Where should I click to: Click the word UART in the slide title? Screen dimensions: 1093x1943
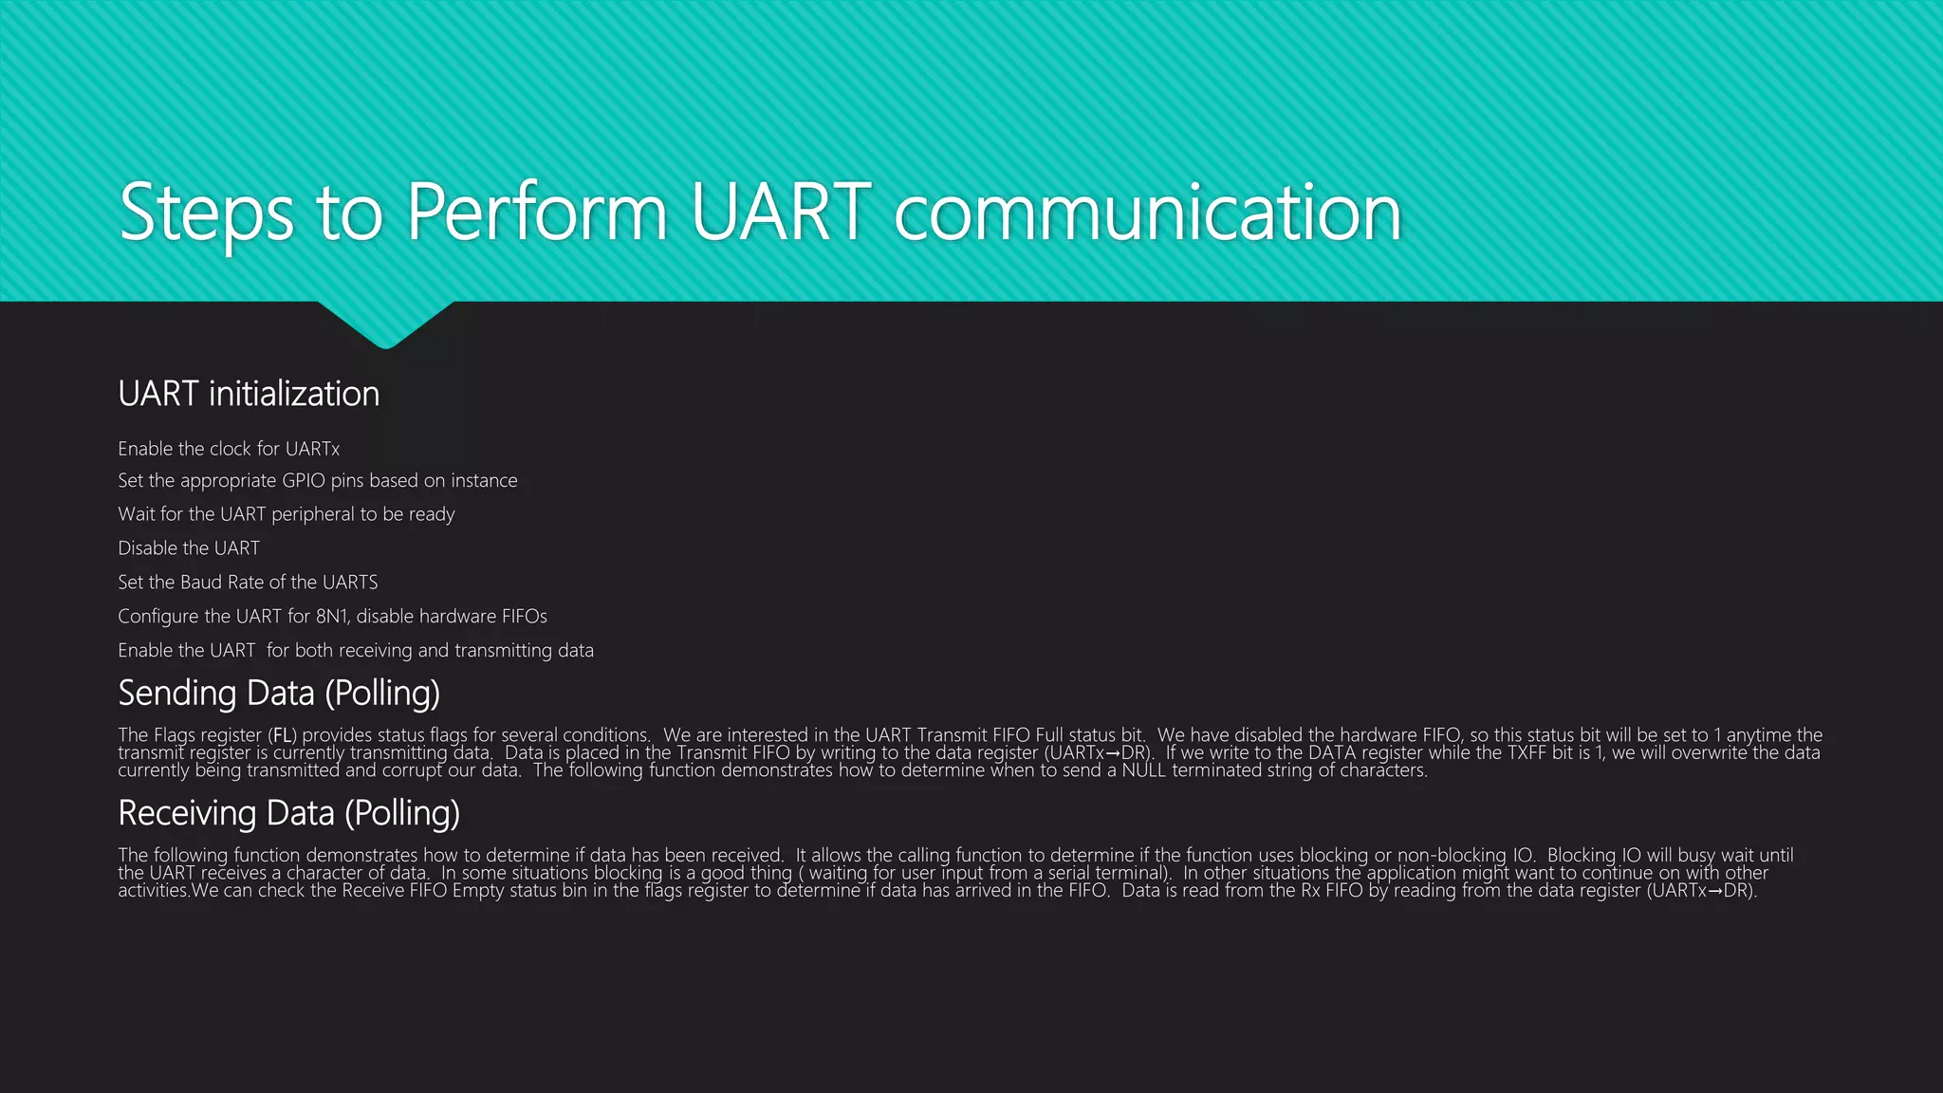(780, 212)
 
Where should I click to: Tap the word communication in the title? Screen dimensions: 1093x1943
(1147, 213)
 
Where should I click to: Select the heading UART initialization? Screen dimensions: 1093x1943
(249, 394)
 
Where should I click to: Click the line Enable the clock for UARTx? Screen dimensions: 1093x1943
(229, 449)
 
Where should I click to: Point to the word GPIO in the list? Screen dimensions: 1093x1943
(304, 481)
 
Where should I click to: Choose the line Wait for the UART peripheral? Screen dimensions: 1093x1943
(286, 514)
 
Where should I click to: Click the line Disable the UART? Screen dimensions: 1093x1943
(189, 548)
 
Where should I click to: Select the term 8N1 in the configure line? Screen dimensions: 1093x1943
(331, 617)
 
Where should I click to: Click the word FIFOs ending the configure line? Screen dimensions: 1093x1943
(524, 617)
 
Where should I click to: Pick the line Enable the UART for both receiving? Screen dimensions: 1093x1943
(356, 651)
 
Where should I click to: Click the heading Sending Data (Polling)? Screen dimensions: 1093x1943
(279, 694)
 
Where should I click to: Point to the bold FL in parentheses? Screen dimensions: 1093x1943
(283, 735)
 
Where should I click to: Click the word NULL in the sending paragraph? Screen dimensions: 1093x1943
(1143, 770)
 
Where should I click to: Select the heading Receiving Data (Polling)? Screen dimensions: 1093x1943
(288, 814)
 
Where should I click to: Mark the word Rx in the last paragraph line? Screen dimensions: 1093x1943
(1310, 890)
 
